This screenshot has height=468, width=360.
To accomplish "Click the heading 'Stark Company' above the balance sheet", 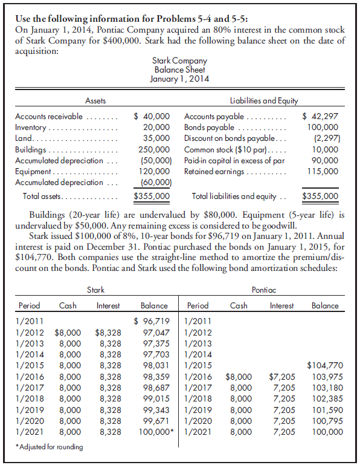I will pyautogui.click(x=179, y=60).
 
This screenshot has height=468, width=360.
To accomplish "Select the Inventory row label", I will pyautogui.click(x=30, y=128).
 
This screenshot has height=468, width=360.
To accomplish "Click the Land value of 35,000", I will pyautogui.click(x=158, y=138).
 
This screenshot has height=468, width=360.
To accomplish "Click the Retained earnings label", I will pyautogui.click(x=213, y=171).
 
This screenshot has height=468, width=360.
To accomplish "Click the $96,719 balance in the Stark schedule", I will pyautogui.click(x=151, y=320).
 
